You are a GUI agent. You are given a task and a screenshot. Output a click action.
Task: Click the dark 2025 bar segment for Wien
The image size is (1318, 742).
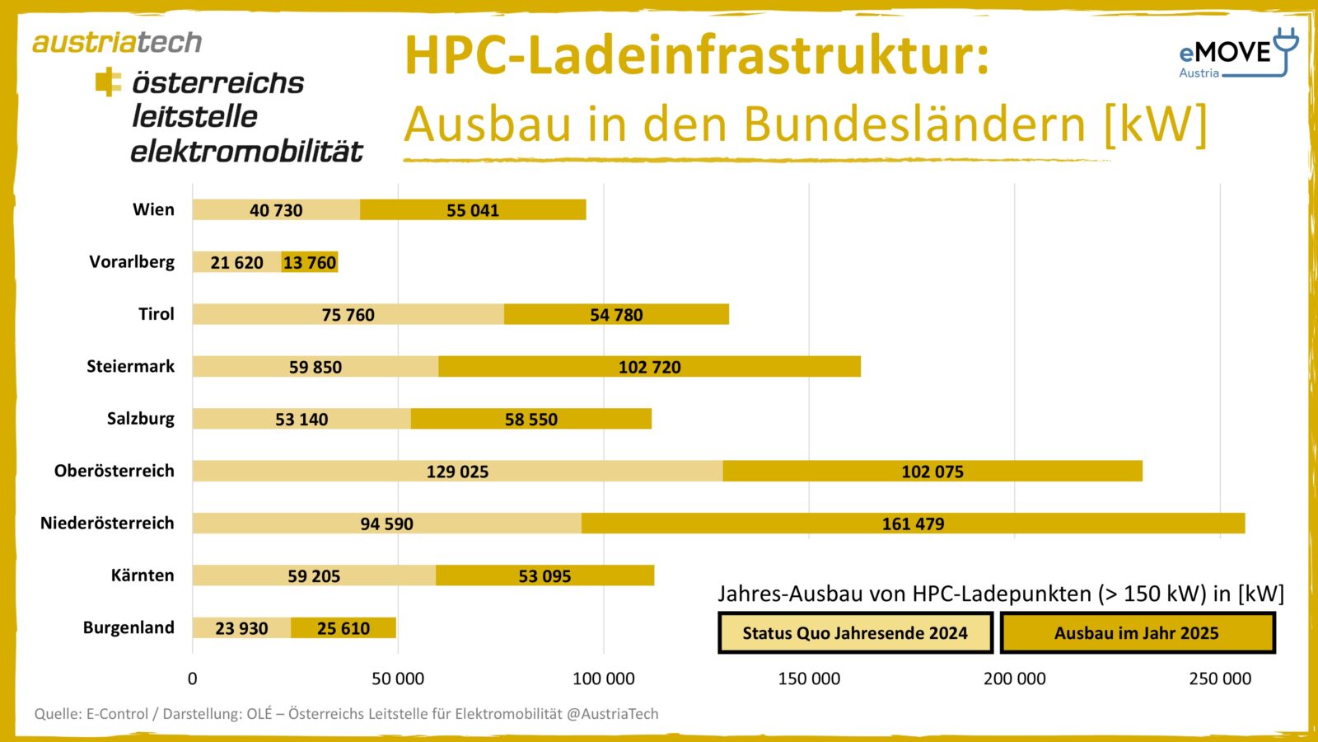pos(473,210)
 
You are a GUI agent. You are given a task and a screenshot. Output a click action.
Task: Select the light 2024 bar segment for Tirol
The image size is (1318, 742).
pos(348,314)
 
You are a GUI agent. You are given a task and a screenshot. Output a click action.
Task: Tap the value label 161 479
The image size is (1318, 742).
pos(913,524)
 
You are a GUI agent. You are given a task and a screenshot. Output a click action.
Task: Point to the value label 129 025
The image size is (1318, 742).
pos(457,472)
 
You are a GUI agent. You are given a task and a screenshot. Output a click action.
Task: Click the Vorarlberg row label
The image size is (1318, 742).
pos(132,262)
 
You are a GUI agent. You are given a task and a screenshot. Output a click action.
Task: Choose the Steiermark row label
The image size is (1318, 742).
pos(130,366)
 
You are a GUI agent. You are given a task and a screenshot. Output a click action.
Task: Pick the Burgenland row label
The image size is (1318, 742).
pos(129,627)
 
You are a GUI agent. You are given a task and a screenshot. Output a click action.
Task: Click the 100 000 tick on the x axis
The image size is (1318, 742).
pos(603,679)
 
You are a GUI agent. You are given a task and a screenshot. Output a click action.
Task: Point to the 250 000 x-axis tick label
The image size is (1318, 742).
pos(1219,679)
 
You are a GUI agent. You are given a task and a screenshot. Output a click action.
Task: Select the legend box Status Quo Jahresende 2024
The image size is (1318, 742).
pos(855,633)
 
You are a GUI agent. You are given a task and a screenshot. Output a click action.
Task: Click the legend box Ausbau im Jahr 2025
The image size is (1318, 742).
pos(1137,633)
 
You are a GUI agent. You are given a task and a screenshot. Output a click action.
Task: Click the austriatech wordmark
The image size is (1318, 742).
pos(117,42)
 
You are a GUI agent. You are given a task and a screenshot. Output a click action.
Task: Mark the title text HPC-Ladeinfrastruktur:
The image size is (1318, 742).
pos(696,56)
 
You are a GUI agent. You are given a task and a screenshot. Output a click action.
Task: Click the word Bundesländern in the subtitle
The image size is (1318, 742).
pos(914,124)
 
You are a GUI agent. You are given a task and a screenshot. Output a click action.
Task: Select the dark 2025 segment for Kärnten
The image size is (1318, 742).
pos(544,575)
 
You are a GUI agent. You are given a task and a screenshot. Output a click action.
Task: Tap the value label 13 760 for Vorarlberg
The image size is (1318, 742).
pos(310,262)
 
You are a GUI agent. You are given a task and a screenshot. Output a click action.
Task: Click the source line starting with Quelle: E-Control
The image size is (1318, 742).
pos(346,714)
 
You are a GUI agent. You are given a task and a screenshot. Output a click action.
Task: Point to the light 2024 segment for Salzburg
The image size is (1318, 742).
pos(301,419)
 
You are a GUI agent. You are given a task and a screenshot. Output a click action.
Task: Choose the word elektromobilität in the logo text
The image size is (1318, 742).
pos(246,152)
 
